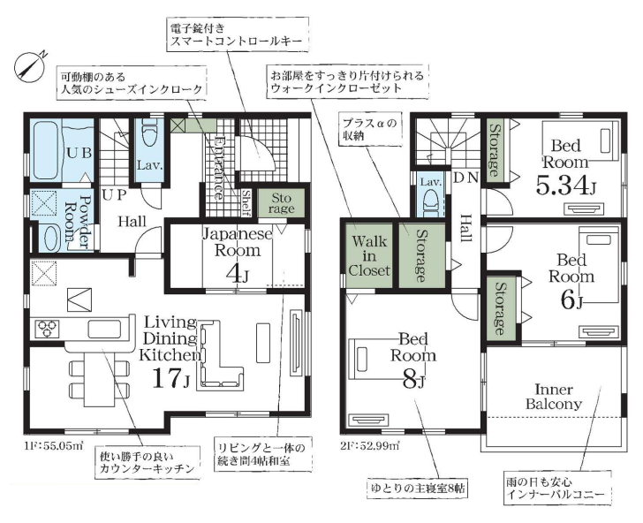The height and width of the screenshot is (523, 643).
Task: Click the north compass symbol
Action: [28, 66]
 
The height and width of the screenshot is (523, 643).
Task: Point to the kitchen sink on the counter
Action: [104, 329]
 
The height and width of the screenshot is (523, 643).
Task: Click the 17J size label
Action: [170, 378]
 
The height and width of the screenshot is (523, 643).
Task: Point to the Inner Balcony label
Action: [553, 397]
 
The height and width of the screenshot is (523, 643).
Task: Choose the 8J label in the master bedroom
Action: [413, 382]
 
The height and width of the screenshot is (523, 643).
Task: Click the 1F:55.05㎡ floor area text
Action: [54, 444]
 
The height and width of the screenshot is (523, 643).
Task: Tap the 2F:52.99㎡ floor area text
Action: [370, 444]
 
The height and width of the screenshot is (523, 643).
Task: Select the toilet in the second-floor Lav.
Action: [431, 203]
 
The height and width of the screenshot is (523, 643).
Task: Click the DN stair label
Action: [465, 178]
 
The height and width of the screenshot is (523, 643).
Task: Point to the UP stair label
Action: [114, 194]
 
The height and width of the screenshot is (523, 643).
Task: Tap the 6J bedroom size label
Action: [571, 301]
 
